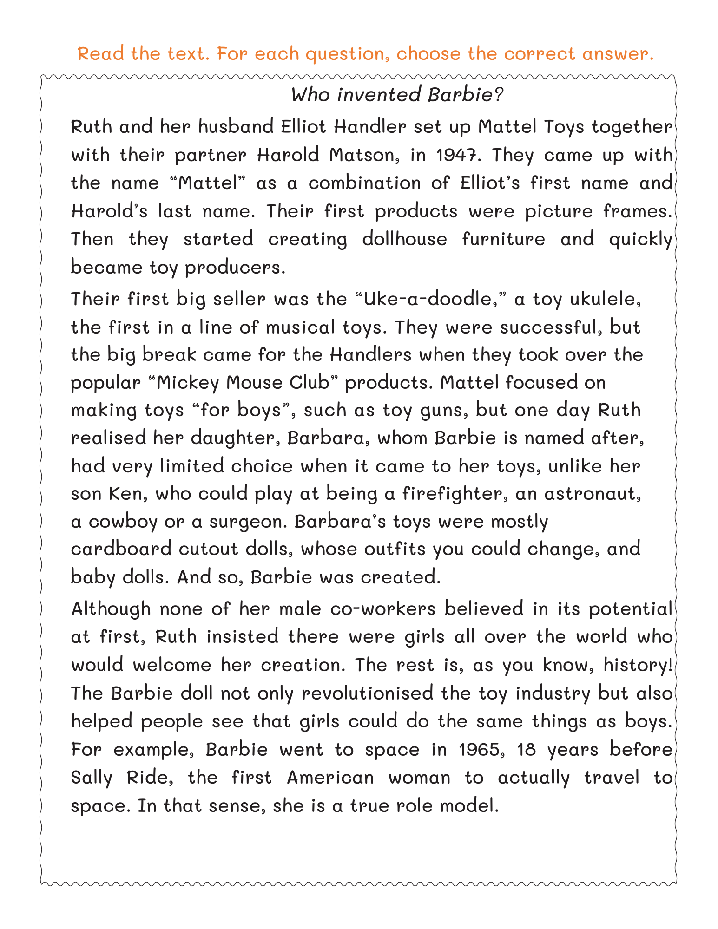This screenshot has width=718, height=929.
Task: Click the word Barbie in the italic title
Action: pos(459,95)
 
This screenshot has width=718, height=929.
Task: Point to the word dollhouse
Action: pos(404,239)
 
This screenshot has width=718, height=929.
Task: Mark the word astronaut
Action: pos(593,493)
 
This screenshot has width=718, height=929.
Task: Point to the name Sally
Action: pos(91,778)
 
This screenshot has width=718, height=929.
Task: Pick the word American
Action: pos(330,778)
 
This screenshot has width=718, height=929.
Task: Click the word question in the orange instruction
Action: pos(347,54)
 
